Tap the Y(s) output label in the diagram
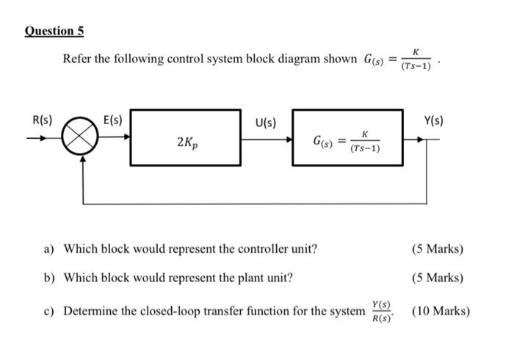[434, 120]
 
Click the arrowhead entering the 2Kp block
[128, 137]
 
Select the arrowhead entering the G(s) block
[289, 137]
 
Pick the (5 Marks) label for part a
[438, 248]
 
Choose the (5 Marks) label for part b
[438, 278]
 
